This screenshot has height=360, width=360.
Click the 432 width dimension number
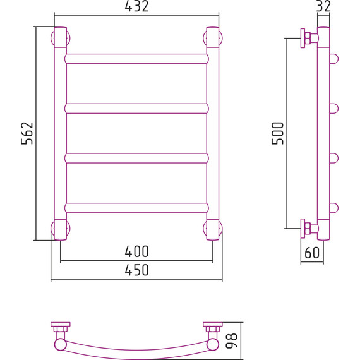136,6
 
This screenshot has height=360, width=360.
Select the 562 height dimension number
27,133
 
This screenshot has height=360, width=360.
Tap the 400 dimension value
136,251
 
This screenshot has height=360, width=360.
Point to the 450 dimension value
136,270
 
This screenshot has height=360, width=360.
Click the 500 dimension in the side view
277,133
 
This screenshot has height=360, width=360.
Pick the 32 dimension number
323,6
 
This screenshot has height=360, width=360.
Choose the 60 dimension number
312,253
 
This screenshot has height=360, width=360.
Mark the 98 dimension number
232,340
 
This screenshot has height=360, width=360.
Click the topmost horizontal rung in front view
136,59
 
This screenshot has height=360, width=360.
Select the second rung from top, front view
136,109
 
